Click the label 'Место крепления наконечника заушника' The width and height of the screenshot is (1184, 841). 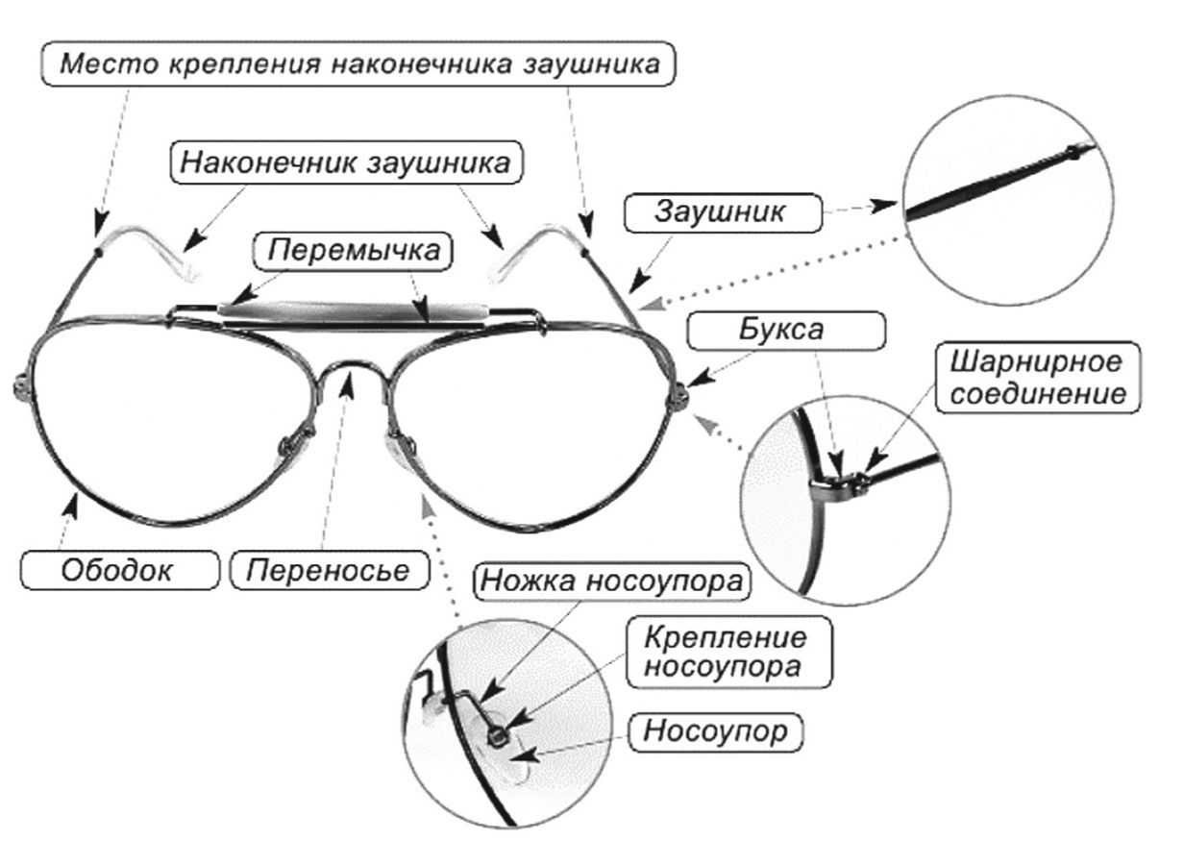click(x=360, y=65)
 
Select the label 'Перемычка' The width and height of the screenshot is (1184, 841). click(x=355, y=251)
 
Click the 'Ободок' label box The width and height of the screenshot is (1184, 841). click(x=117, y=570)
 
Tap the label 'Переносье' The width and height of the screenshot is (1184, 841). click(x=328, y=570)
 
